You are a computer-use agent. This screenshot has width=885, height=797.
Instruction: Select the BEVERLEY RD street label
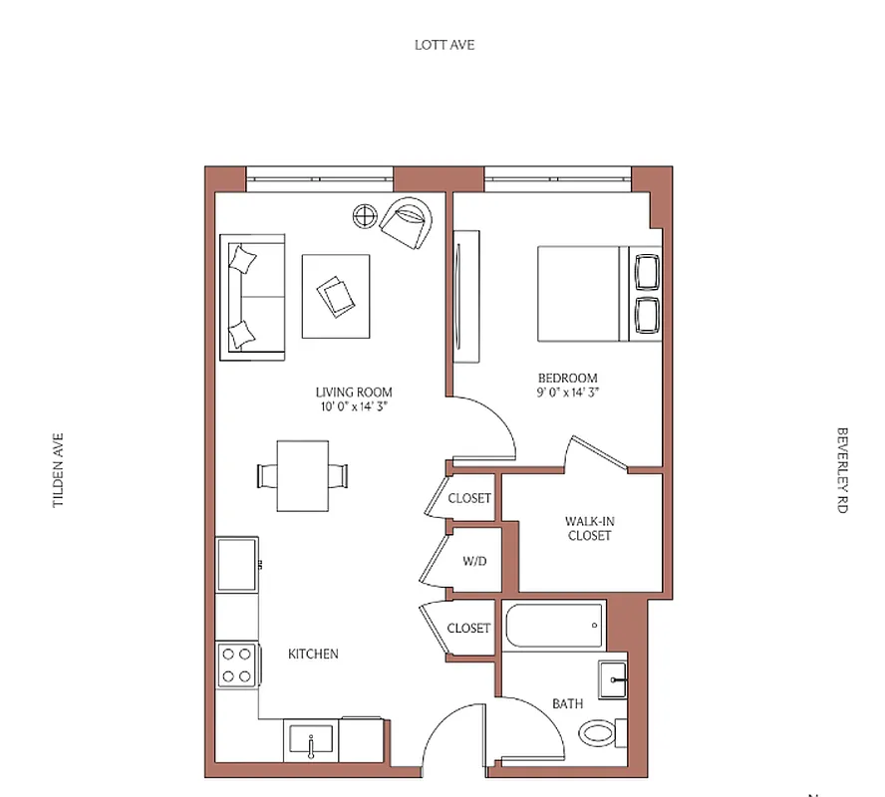point(842,470)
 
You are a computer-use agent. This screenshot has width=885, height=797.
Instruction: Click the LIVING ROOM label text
point(354,392)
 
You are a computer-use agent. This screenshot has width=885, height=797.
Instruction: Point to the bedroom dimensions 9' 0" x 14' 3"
point(567,393)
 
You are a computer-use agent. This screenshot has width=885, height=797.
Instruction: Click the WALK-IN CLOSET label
point(588,528)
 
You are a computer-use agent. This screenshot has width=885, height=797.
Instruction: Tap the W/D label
point(474,562)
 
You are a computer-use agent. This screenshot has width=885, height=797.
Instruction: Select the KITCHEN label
point(313,655)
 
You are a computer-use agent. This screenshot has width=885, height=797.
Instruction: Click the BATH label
point(567,704)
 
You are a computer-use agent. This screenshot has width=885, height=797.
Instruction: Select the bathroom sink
point(613,681)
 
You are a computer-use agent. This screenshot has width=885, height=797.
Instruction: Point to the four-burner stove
point(237,665)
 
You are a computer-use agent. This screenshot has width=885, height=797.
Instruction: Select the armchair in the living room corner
point(407,223)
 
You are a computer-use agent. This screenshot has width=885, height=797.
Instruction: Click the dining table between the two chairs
point(302,476)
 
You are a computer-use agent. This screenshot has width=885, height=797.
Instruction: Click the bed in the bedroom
point(583,294)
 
